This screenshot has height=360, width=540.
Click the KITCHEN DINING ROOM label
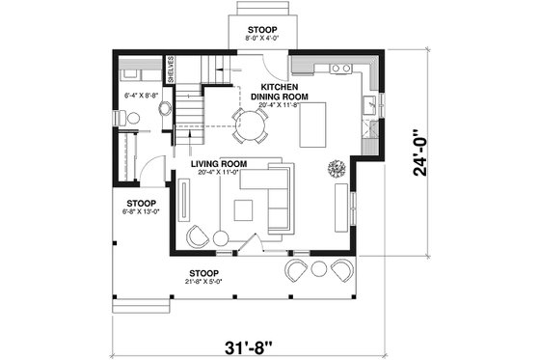pyautogui.click(x=279, y=91)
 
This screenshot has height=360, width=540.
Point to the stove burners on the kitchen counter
pyautogui.click(x=339, y=69)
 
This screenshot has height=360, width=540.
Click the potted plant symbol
pyautogui.click(x=337, y=167)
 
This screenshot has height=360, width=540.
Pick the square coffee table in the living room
pyautogui.click(x=243, y=208)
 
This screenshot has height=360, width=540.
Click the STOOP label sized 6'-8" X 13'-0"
pyautogui.click(x=141, y=204)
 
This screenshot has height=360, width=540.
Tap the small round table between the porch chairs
pyautogui.click(x=319, y=269)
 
